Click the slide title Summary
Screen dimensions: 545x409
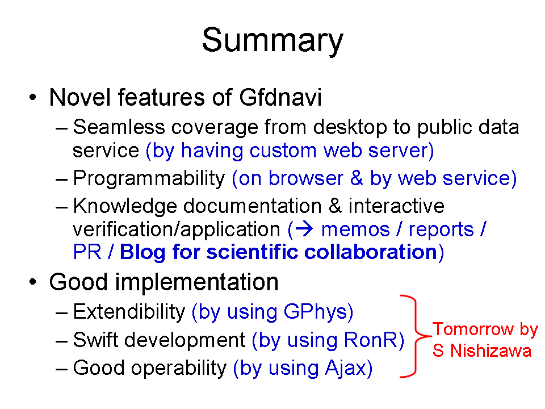pos(272,41)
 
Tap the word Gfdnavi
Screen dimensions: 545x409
pos(280,97)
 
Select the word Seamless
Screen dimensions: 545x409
pos(119,127)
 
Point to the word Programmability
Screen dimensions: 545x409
pos(149,179)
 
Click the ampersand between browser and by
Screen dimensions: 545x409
pos(357,178)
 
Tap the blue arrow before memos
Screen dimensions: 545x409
pos(304,229)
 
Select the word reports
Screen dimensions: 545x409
pos(441,230)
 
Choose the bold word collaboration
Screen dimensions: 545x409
pos(371,252)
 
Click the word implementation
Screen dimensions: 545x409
pos(197,282)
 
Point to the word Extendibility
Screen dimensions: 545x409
pos(129,311)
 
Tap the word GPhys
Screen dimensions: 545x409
pos(315,312)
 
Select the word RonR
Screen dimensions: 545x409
pos(371,340)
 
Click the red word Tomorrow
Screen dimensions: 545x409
pos(473,329)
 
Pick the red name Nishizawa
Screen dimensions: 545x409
pos(491,350)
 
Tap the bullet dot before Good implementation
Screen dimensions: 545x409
pos(33,282)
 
